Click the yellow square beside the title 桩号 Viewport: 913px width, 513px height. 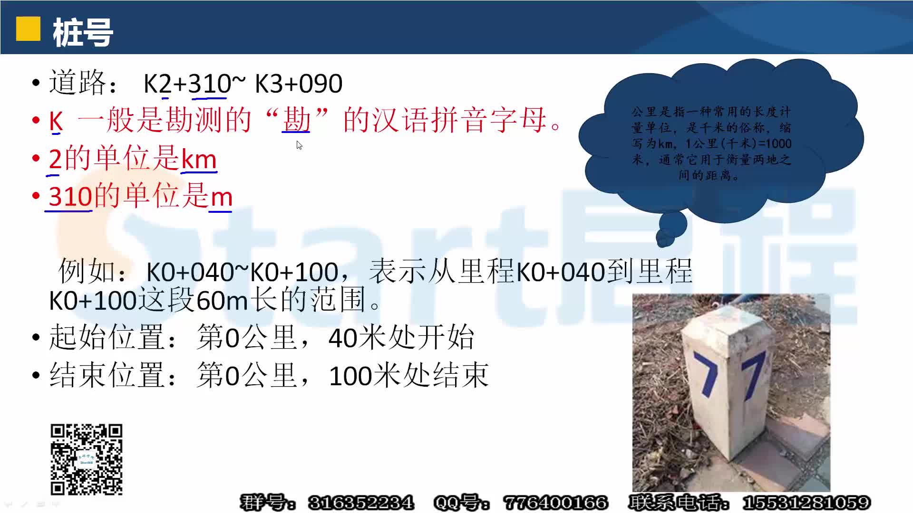tap(28, 29)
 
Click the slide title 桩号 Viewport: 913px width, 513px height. tap(83, 32)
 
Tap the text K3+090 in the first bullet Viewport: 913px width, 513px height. tap(299, 84)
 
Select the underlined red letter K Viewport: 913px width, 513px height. tap(56, 121)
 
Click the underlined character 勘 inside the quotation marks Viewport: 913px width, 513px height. tap(296, 119)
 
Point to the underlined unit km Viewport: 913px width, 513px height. tap(199, 159)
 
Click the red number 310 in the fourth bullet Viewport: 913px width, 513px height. tap(70, 196)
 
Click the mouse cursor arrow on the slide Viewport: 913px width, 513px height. tap(299, 145)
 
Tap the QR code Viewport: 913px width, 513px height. tap(87, 459)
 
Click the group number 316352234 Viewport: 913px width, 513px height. tap(361, 503)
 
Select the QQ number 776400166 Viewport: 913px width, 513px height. tap(555, 503)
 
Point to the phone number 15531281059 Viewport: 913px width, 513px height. tap(806, 503)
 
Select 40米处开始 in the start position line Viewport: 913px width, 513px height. tap(401, 338)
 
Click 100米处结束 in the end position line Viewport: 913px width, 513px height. tap(408, 376)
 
